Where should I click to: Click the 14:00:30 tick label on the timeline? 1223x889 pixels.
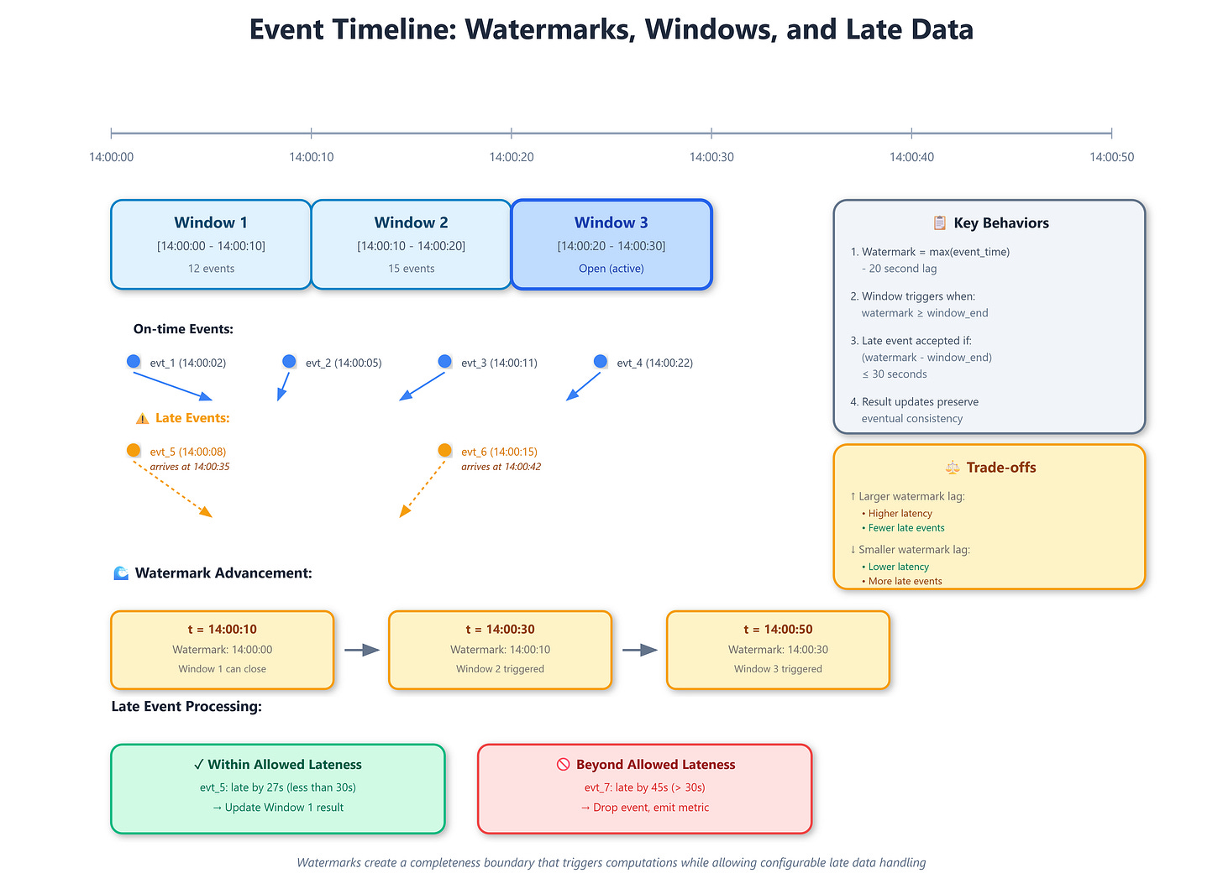click(x=711, y=157)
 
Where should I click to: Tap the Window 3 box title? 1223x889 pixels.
click(x=611, y=222)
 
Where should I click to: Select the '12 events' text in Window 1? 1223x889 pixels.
click(x=211, y=269)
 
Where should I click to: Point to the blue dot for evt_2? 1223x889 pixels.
click(x=289, y=361)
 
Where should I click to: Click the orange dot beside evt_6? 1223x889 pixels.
click(x=444, y=451)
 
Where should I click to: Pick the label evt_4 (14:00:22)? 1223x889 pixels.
click(x=654, y=363)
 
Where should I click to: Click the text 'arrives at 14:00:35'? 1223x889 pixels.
click(x=190, y=467)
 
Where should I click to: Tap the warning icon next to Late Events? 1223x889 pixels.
click(x=142, y=418)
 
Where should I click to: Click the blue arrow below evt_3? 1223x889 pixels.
click(x=422, y=386)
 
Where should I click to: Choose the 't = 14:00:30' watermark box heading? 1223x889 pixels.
click(x=500, y=629)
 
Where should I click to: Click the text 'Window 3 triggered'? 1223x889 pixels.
click(x=778, y=669)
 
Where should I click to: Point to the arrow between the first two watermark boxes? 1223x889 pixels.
click(x=361, y=650)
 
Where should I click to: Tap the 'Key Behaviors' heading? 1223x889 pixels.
click(x=1001, y=223)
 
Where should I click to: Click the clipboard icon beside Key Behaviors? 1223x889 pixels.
click(x=940, y=222)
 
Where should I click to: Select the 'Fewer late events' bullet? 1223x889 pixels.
click(x=906, y=528)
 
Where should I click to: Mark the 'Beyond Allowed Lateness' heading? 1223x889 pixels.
click(x=655, y=765)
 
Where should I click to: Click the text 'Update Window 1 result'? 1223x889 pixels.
click(x=284, y=808)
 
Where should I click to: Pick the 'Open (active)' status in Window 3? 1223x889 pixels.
click(x=611, y=269)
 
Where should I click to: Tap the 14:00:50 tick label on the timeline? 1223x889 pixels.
click(x=1111, y=157)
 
